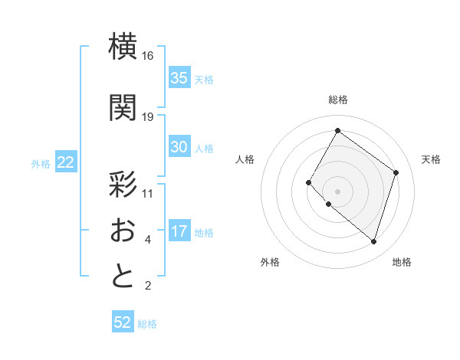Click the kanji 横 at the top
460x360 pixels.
tap(123, 46)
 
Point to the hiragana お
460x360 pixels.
tap(123, 230)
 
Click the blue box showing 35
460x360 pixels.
tap(179, 78)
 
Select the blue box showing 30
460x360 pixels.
tap(179, 147)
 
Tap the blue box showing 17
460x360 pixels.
tap(179, 232)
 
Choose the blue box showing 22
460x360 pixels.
tap(66, 162)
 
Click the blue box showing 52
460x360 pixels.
tap(123, 322)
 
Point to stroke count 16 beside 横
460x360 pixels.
tap(148, 56)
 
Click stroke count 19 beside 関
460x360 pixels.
tap(148, 116)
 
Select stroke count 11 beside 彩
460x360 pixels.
tap(148, 193)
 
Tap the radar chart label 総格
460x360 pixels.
tap(337, 100)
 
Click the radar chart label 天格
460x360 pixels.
tap(431, 159)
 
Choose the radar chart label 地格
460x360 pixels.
tap(402, 262)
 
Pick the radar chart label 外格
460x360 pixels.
tap(270, 262)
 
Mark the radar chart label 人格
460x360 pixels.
tap(245, 159)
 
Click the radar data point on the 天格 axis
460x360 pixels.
tap(396, 172)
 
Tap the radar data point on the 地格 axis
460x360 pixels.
tap(373, 241)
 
